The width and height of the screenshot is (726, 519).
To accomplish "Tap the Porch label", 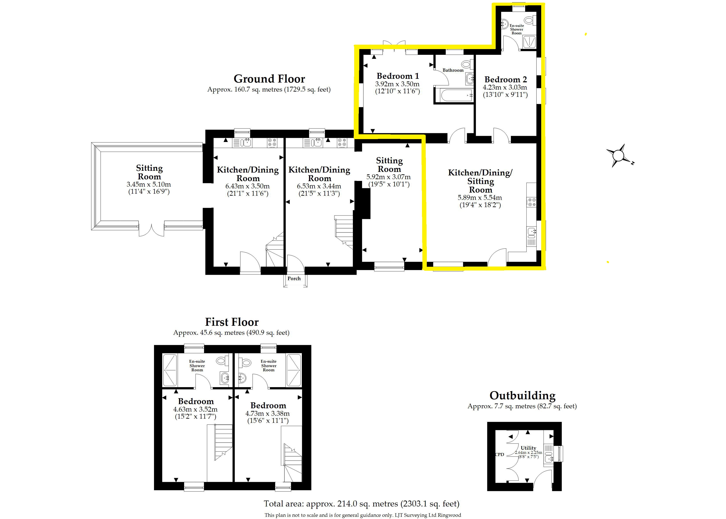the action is point(294,278).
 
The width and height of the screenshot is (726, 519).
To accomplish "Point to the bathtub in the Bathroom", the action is point(454,95).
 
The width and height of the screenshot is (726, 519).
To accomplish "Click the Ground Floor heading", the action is point(269,79).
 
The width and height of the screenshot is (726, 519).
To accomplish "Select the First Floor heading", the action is point(232,322).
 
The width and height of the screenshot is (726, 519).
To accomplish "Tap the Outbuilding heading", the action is point(522,396).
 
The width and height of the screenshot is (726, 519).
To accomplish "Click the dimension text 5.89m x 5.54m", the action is point(480,197).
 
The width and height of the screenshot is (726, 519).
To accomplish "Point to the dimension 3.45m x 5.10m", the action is point(149,184).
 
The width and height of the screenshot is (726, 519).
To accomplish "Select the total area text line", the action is point(361,504).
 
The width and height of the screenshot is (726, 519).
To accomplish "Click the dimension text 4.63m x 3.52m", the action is point(196,409).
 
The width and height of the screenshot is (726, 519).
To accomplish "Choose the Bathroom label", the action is point(453,70).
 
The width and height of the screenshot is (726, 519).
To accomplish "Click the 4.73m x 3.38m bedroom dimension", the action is point(268,414).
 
